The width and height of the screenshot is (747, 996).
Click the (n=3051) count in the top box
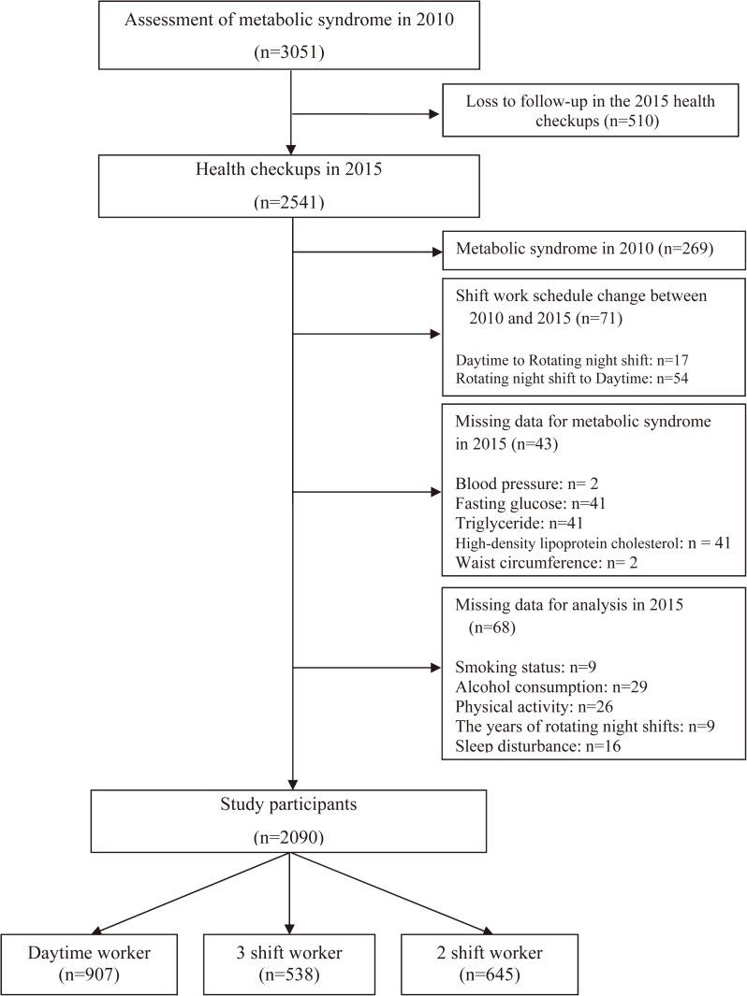click(293, 53)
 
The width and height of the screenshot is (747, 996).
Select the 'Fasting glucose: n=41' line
click(531, 503)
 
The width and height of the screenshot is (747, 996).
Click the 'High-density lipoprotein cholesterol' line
click(592, 541)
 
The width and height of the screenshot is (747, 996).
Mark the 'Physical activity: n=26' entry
click(535, 707)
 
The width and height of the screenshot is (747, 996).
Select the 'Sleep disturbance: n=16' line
click(537, 746)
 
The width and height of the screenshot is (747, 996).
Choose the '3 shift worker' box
click(288, 963)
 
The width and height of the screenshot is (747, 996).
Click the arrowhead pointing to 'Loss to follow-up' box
click(433, 114)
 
